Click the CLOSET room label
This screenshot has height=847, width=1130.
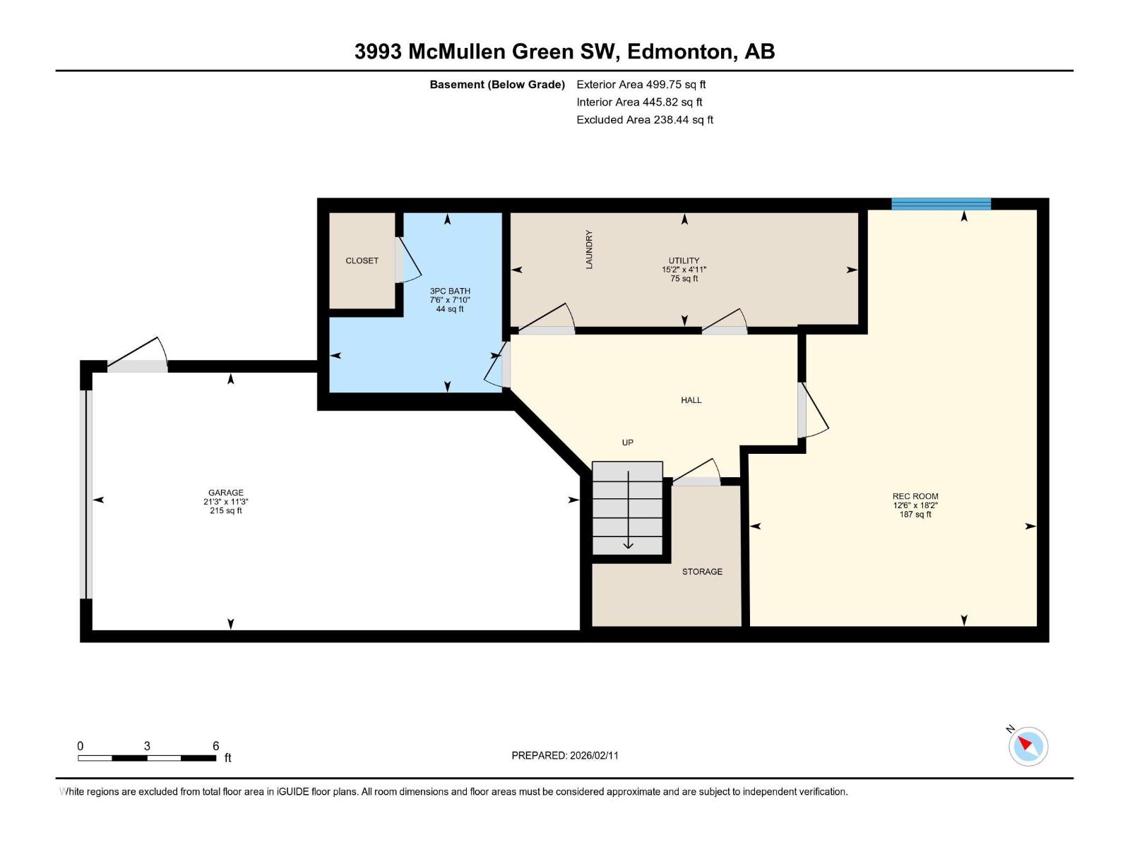[x=362, y=260]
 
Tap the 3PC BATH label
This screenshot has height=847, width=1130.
[x=450, y=291]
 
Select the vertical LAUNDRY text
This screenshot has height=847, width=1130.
[x=589, y=249]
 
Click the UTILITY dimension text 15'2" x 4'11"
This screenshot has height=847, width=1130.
[x=684, y=270]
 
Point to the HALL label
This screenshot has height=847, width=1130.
[x=691, y=400]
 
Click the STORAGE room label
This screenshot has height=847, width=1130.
[x=702, y=572]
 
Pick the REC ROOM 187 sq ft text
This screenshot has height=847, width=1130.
[x=915, y=515]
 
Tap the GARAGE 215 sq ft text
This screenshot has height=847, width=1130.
[x=225, y=510]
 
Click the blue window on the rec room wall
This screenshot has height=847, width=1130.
[x=941, y=204]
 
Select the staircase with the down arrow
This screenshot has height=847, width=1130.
[x=627, y=508]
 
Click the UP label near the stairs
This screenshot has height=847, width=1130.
[x=627, y=443]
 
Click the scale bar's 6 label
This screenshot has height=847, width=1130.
[x=216, y=746]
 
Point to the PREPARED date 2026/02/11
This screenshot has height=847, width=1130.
[x=565, y=755]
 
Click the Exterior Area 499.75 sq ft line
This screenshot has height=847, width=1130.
[x=641, y=85]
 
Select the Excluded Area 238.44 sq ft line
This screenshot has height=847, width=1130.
[x=644, y=120]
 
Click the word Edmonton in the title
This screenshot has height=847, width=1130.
[x=679, y=52]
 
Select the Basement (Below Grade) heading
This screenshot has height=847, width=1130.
[x=497, y=85]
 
